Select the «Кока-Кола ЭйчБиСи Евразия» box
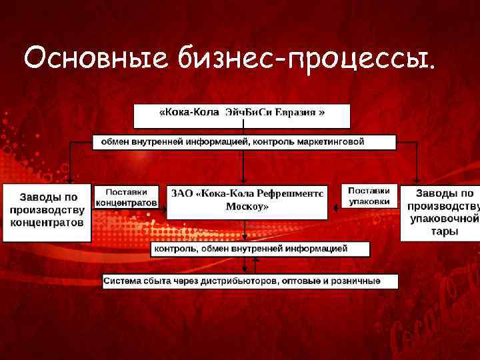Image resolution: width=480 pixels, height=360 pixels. pyautogui.click(x=241, y=115)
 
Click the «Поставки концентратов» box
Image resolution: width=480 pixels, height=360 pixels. pyautogui.click(x=127, y=197)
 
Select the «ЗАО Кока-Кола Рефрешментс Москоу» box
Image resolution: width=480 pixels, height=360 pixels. pyautogui.click(x=247, y=201)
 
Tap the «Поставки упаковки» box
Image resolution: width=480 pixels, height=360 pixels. pyautogui.click(x=369, y=195)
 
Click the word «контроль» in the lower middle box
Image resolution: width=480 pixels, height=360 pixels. pyautogui.click(x=175, y=249)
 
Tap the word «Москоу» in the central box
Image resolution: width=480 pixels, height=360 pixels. pyautogui.click(x=247, y=207)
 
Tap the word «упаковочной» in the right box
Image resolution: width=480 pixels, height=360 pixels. pyautogui.click(x=444, y=219)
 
